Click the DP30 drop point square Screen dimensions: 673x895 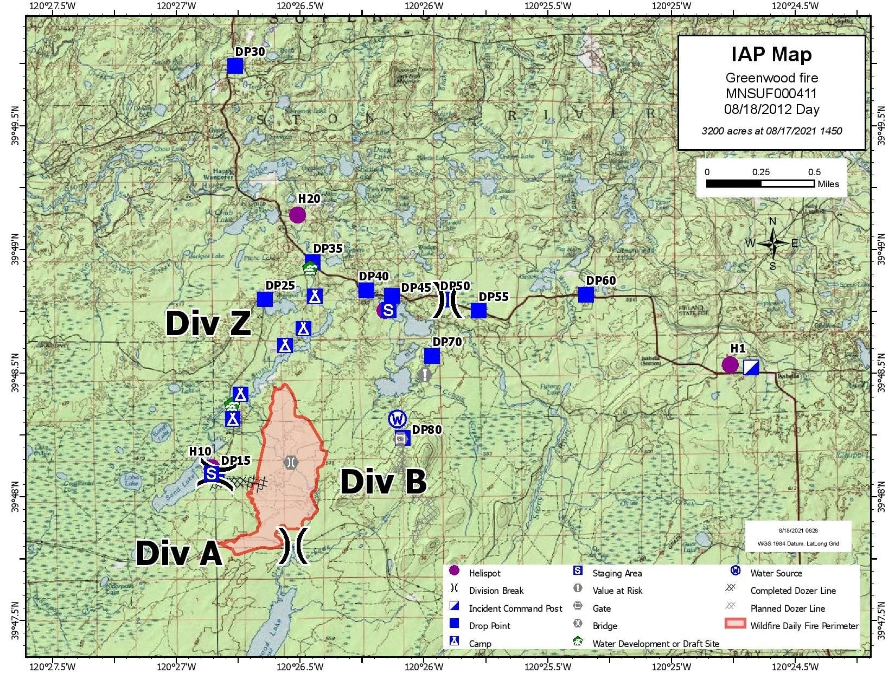click(x=235, y=66)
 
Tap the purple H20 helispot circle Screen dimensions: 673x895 click(x=297, y=215)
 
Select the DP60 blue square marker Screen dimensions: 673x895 click(x=586, y=294)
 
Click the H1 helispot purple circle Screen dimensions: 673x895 click(x=730, y=365)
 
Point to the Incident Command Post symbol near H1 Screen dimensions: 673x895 click(x=751, y=367)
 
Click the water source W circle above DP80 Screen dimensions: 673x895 click(x=398, y=419)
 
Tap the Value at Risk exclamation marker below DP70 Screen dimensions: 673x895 click(x=425, y=374)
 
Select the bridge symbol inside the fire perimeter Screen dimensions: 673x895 click(x=291, y=462)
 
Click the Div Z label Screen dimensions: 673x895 click(x=208, y=324)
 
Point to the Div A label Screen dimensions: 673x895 click(x=179, y=553)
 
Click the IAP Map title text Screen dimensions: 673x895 click(x=771, y=54)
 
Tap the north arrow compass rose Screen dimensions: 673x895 click(x=773, y=243)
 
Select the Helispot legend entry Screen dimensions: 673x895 click(x=484, y=573)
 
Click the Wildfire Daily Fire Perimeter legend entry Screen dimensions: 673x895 click(x=804, y=625)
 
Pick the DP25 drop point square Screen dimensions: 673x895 click(x=265, y=299)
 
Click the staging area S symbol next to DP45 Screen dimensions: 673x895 click(x=388, y=311)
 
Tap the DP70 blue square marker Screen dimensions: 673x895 click(x=432, y=356)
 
